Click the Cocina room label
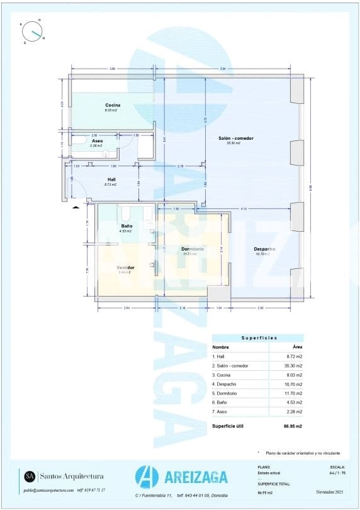[113, 105]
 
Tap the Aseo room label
[97, 141]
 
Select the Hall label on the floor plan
[111, 179]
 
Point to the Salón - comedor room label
[235, 139]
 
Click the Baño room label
[126, 226]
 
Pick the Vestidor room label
[125, 268]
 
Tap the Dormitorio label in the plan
[191, 249]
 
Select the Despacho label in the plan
[264, 249]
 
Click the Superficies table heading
[257, 338]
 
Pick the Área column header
[297, 347]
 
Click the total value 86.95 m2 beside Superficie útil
[293, 426]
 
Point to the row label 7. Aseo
[222, 411]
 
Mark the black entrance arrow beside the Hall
[76, 206]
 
